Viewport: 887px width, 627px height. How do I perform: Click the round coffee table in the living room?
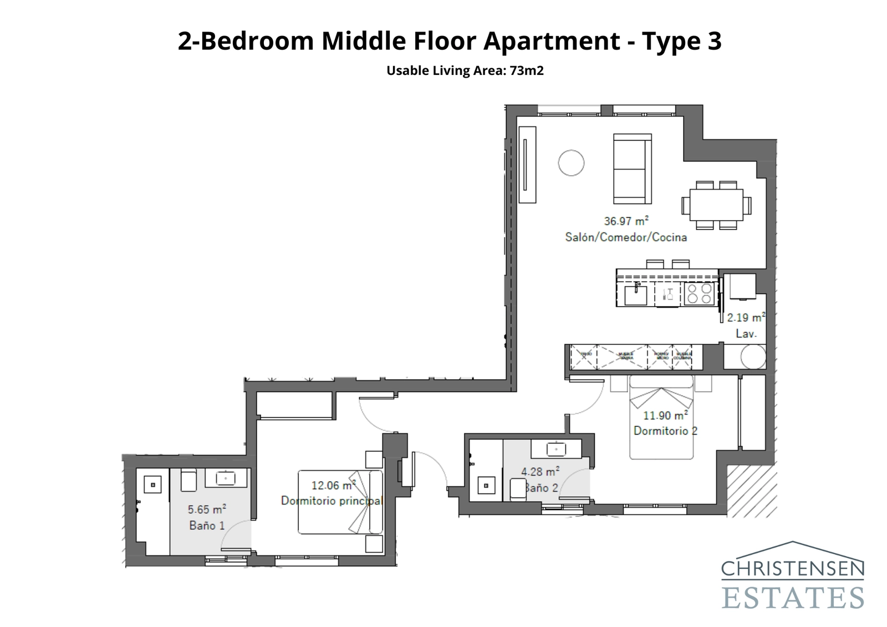(x=571, y=163)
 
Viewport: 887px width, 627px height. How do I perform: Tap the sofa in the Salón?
(x=632, y=169)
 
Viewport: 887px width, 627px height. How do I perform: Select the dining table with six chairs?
(x=716, y=205)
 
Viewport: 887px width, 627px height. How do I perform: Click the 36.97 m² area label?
(x=626, y=221)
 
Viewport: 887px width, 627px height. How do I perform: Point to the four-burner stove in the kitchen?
(x=699, y=294)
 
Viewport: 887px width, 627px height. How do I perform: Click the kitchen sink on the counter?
(x=635, y=294)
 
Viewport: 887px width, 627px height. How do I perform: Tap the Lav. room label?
(x=746, y=334)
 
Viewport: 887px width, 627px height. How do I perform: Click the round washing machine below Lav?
(x=753, y=357)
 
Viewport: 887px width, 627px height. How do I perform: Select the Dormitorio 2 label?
(x=665, y=431)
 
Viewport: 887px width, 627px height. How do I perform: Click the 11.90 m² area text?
(x=665, y=415)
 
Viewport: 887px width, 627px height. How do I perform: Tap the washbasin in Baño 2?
(x=555, y=448)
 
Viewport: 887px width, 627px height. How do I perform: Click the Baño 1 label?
(x=207, y=525)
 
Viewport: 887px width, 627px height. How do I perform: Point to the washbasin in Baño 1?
(x=225, y=477)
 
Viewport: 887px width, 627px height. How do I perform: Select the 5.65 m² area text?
(x=207, y=509)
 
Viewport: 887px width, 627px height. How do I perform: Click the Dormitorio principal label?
(x=332, y=501)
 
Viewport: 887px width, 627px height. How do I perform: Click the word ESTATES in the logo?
(x=793, y=598)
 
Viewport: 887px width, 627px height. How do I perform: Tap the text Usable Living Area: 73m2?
(x=465, y=71)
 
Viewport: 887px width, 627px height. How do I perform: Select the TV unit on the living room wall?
(x=527, y=165)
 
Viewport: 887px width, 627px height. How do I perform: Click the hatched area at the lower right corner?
(x=751, y=491)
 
